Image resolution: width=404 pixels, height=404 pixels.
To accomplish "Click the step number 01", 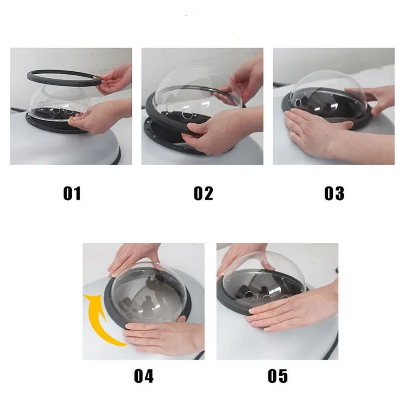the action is pos(72,193).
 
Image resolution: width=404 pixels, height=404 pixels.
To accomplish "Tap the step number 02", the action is pos(204,193).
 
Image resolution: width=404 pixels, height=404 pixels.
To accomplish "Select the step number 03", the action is pos(334,193).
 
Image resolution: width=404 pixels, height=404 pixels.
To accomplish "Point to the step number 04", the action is pos(144,376).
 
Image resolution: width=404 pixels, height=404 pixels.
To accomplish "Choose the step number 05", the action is pos(277,376).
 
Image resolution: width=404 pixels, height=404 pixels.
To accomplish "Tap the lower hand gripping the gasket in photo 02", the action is pos(222,131).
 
